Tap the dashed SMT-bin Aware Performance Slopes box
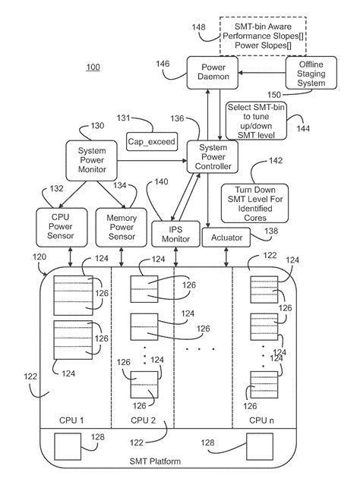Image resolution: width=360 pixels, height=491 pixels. pyautogui.click(x=263, y=36)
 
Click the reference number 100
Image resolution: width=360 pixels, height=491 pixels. pyautogui.click(x=91, y=68)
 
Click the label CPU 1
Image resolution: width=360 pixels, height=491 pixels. pyautogui.click(x=71, y=420)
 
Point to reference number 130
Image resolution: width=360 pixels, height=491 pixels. pyautogui.click(x=98, y=126)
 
